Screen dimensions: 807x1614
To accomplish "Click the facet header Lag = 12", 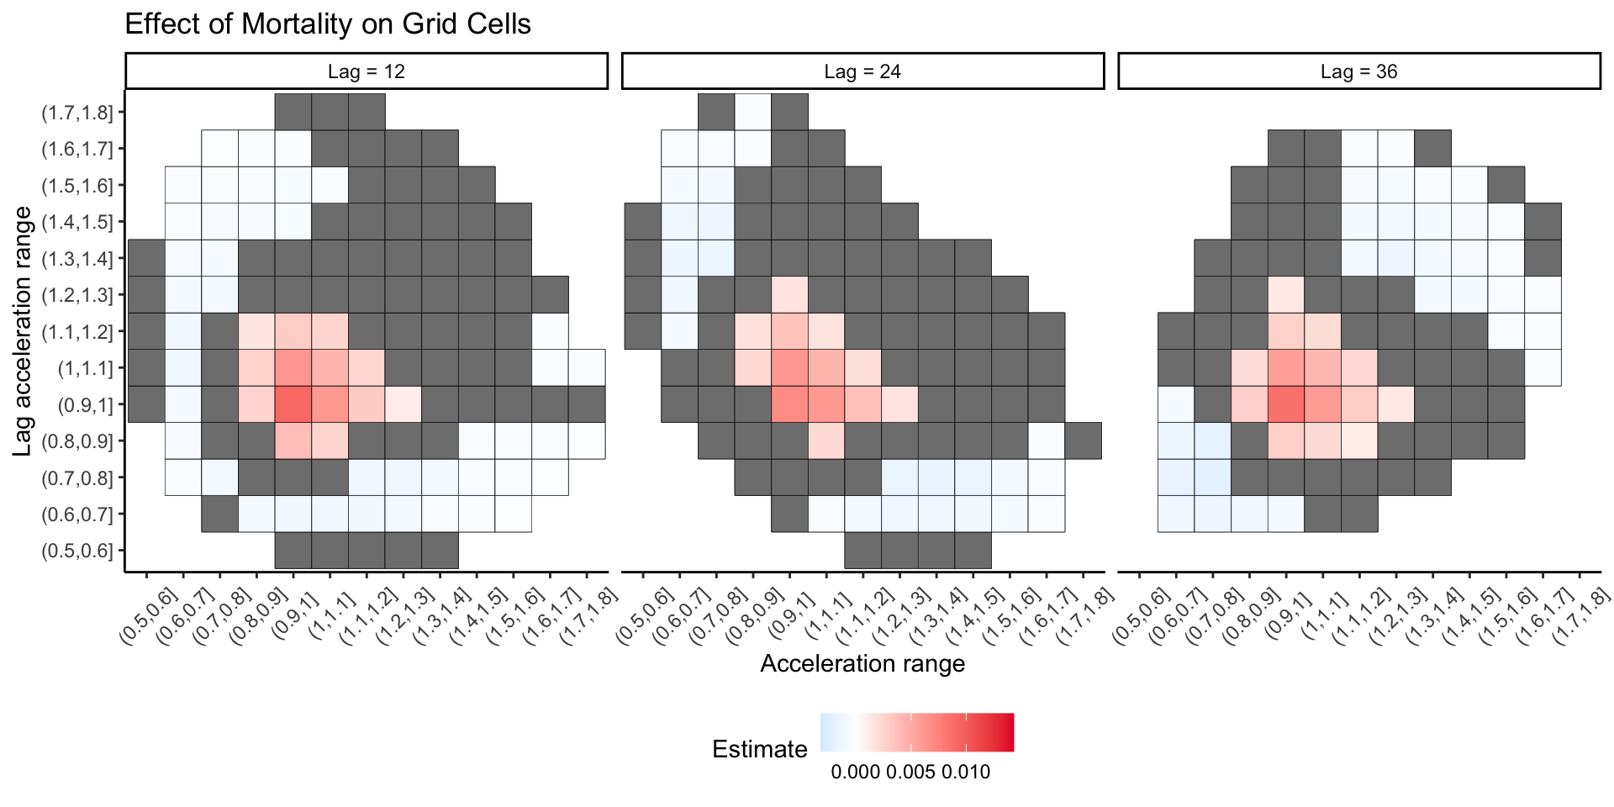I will click(x=367, y=71).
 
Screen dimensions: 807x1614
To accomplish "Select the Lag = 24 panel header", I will click(x=862, y=71).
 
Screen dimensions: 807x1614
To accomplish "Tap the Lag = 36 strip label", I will click(x=1358, y=71).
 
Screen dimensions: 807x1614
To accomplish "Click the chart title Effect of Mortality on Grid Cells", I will click(x=328, y=24).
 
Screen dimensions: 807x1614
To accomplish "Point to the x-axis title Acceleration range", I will click(x=862, y=664).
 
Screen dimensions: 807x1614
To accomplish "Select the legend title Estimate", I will click(x=759, y=749).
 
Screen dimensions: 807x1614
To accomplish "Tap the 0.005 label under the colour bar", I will click(x=910, y=773).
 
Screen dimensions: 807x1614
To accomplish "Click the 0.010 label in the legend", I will click(x=966, y=773).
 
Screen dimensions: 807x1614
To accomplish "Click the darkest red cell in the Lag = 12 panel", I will click(x=293, y=404).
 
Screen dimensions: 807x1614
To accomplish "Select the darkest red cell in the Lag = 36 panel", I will click(x=1286, y=404).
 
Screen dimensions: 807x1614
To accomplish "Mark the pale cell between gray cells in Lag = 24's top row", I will click(x=753, y=112).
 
